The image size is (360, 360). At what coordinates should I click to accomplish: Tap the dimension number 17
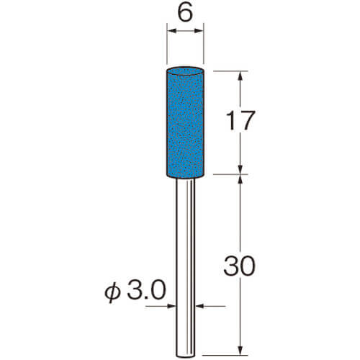pyautogui.click(x=240, y=121)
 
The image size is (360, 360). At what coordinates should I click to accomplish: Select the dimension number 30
pyautogui.click(x=240, y=266)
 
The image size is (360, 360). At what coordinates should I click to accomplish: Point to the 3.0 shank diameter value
pyautogui.click(x=146, y=290)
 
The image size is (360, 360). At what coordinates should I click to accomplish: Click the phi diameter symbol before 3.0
pyautogui.click(x=112, y=292)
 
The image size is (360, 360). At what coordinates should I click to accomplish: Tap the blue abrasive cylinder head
pyautogui.click(x=185, y=122)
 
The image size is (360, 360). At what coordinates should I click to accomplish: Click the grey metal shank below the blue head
pyautogui.click(x=185, y=268)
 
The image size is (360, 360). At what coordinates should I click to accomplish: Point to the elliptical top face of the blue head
pyautogui.click(x=185, y=71)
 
